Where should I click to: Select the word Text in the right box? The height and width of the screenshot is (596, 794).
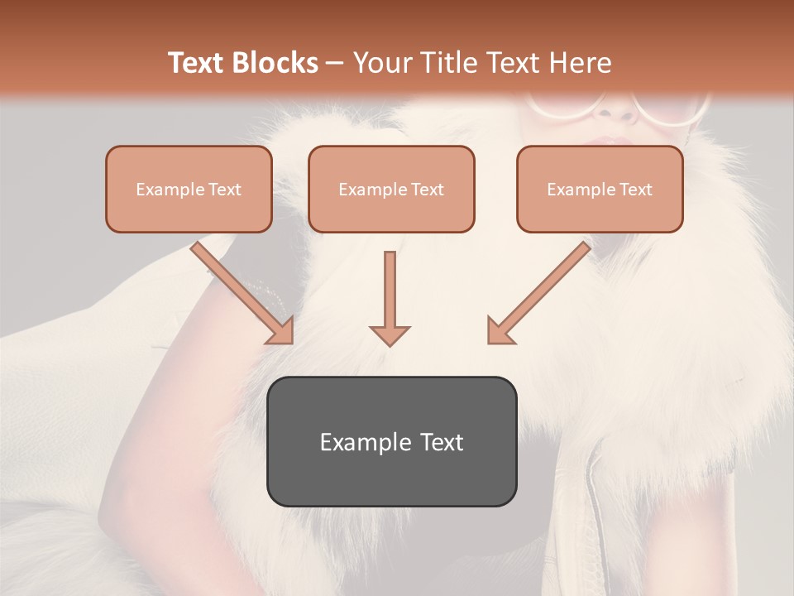click(636, 190)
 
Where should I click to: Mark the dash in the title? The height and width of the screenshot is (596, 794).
click(335, 64)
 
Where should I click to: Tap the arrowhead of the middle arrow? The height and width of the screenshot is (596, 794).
click(390, 334)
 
